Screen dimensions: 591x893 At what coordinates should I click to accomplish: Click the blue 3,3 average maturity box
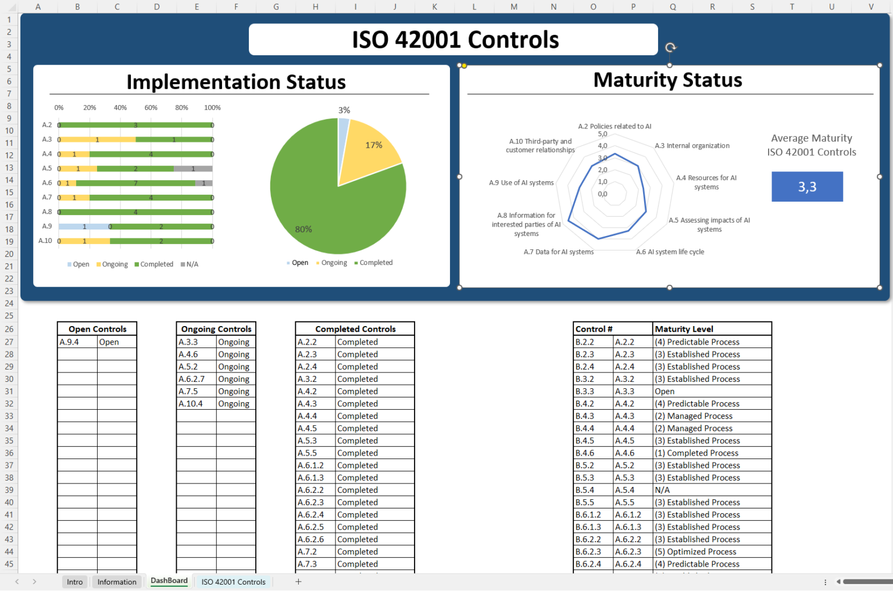click(807, 187)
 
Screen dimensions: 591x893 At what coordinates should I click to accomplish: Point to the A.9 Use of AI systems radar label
click(521, 182)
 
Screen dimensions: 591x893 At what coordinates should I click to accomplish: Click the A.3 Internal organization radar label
click(692, 146)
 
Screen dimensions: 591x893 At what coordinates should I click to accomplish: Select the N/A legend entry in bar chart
click(190, 264)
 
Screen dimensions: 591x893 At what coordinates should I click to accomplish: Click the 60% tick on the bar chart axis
click(151, 108)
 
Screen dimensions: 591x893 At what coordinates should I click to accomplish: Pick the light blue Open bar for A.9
click(84, 227)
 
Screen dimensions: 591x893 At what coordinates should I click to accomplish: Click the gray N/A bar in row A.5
click(193, 169)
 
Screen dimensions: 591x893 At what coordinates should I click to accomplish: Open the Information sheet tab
click(117, 582)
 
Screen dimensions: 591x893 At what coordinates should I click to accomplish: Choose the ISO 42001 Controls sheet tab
click(233, 582)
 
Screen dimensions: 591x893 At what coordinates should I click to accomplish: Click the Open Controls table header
click(97, 329)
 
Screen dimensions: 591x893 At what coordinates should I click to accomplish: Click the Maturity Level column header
click(712, 329)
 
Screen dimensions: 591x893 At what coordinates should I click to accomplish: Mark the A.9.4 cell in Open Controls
click(77, 342)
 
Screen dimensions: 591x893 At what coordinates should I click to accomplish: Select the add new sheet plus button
click(298, 582)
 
